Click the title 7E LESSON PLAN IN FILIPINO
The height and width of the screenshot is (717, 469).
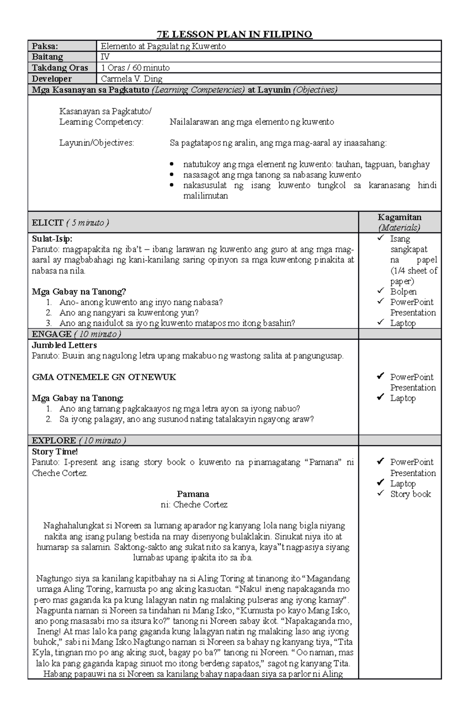(x=234, y=34)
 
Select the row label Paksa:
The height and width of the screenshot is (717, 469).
(x=45, y=46)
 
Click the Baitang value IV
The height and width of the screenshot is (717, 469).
(x=105, y=57)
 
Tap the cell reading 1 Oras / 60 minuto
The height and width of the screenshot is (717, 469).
(x=135, y=68)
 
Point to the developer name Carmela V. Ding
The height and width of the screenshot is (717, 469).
(x=131, y=79)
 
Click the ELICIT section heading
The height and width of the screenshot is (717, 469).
(x=48, y=223)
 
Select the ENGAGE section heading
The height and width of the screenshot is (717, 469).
(x=51, y=334)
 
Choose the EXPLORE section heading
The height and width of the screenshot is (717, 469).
(x=54, y=440)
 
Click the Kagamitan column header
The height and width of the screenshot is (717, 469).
(x=399, y=218)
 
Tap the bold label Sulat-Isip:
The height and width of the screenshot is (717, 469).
(x=52, y=239)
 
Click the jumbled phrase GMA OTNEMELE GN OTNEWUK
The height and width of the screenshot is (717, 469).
(x=104, y=377)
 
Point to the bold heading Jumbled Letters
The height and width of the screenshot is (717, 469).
(x=64, y=345)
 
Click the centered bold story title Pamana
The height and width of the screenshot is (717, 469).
(x=193, y=494)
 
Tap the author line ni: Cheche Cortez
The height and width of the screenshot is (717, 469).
(x=194, y=504)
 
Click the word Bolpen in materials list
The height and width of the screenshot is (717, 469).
(x=403, y=291)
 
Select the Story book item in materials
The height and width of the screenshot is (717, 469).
(x=410, y=494)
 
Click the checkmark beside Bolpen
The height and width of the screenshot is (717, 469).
(x=380, y=291)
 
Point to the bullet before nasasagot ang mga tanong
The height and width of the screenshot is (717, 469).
(x=172, y=175)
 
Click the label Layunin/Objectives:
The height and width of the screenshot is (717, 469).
(x=97, y=143)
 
